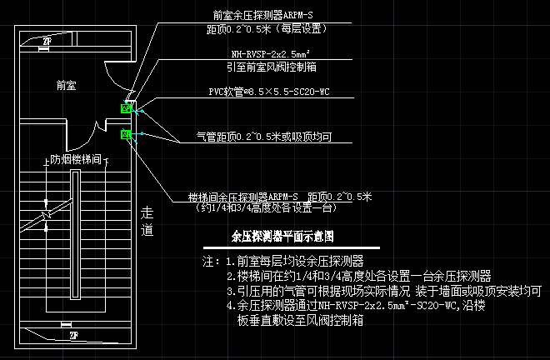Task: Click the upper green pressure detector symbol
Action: pyautogui.click(x=127, y=107)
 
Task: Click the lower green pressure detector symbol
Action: pyautogui.click(x=127, y=134)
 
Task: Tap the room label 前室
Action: pyautogui.click(x=67, y=85)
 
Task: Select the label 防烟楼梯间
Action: pyautogui.click(x=76, y=158)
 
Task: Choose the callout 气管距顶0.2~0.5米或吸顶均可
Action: pyautogui.click(x=264, y=135)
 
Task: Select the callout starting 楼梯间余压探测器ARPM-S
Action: pyautogui.click(x=280, y=197)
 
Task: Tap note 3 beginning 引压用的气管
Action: pyautogui.click(x=383, y=291)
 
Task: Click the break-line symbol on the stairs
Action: pyautogui.click(x=47, y=218)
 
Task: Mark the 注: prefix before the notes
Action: pyautogui.click(x=210, y=261)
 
